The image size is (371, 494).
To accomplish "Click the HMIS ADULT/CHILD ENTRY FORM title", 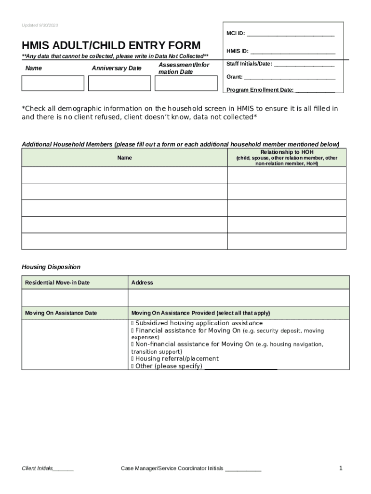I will click(111, 46).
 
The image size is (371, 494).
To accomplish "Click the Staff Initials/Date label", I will click(249, 64).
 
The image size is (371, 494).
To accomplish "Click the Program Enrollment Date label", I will click(260, 90).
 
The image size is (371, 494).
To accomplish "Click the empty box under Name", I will click(53, 83).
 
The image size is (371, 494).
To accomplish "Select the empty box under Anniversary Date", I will click(119, 83).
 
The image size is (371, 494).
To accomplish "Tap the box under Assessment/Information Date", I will click(186, 83).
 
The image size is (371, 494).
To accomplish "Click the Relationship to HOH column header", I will click(286, 158).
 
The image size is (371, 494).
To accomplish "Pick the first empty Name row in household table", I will click(124, 175).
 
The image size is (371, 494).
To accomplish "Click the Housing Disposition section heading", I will click(51, 267).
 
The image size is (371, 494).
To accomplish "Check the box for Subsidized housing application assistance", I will click(132, 323).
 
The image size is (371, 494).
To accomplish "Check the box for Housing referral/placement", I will click(132, 359).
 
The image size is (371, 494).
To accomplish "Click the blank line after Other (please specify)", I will click(241, 367).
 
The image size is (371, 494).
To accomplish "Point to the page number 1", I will click(341, 468).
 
